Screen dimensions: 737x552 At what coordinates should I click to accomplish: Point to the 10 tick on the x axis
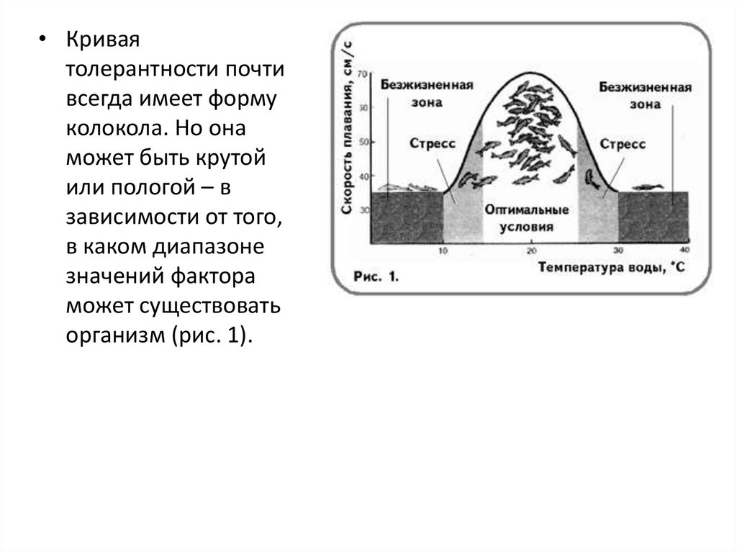click(442, 250)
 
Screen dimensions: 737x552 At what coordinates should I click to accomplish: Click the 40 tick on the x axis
click(684, 250)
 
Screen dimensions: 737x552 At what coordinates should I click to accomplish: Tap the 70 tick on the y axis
click(363, 75)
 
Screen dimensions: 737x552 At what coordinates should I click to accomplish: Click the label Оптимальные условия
click(528, 218)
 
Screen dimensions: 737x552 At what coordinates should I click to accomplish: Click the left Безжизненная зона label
click(428, 93)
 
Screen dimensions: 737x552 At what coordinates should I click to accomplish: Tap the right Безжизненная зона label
click(644, 94)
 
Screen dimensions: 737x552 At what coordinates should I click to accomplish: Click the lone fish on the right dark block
click(648, 187)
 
